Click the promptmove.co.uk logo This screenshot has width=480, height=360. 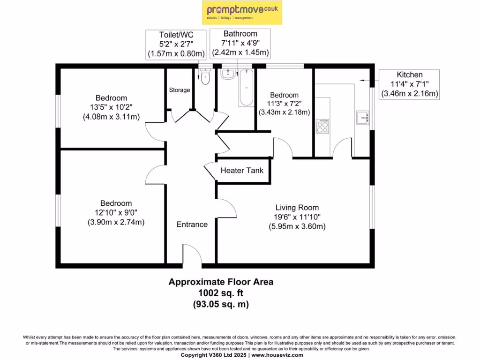pos(242,13)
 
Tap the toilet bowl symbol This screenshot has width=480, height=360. pos(205,77)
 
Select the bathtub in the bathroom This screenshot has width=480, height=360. pos(247,88)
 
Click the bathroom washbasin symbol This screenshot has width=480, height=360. pos(228,74)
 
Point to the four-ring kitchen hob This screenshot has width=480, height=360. pos(322,127)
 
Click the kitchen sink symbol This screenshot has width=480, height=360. pos(363,118)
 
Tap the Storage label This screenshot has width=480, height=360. pos(180,90)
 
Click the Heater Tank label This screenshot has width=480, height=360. pos(242,171)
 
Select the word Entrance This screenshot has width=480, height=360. pos(192,225)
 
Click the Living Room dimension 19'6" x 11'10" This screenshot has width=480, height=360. pos(297,217)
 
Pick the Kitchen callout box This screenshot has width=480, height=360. pos(409,84)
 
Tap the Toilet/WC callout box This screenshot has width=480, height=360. pos(176,45)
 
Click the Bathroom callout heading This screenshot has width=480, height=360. pos(240,34)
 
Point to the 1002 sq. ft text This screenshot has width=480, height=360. pos(221,293)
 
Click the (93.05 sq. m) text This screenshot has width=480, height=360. pos(221,304)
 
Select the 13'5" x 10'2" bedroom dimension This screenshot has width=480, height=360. pos(111,107)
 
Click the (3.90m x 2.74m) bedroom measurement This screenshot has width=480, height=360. pos(116,222)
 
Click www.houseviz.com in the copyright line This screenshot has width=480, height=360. pos(277,355)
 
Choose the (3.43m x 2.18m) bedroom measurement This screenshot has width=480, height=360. pos(285,112)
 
